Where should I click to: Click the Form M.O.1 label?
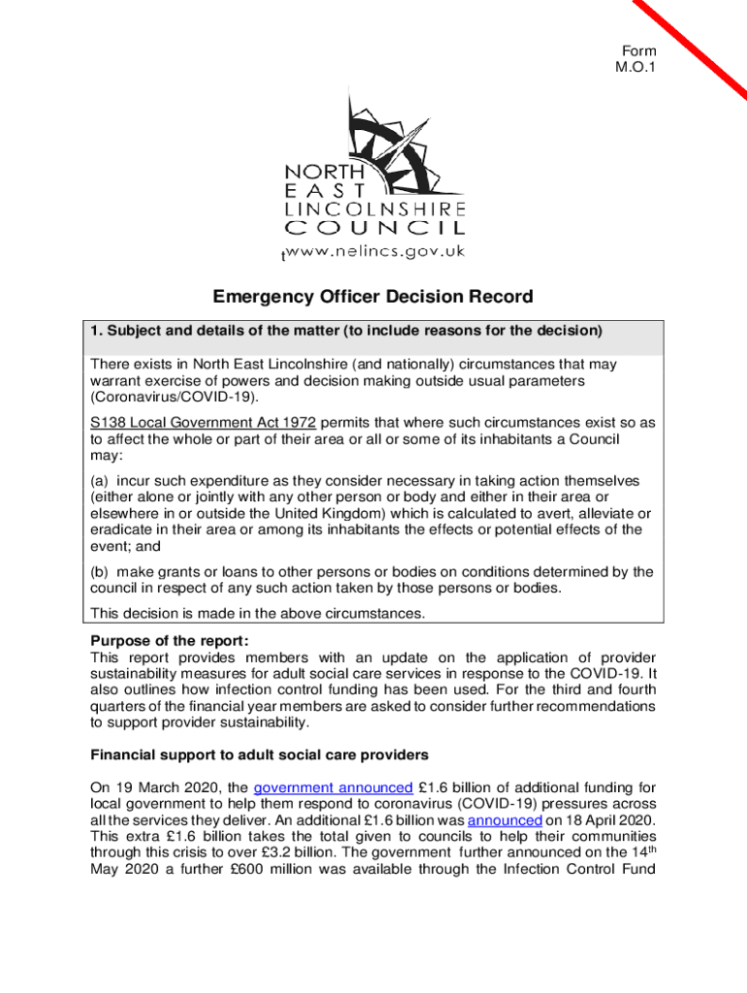click(638, 59)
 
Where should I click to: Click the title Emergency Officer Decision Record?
click(373, 298)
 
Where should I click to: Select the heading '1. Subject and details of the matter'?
click(346, 331)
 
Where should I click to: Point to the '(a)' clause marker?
click(100, 481)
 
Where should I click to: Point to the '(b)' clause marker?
click(100, 571)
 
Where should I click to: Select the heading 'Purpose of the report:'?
click(170, 640)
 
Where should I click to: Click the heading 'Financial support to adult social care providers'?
click(259, 754)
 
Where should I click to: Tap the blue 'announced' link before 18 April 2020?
click(503, 819)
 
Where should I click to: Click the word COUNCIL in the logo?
click(374, 229)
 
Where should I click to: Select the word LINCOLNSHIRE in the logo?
click(374, 208)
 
